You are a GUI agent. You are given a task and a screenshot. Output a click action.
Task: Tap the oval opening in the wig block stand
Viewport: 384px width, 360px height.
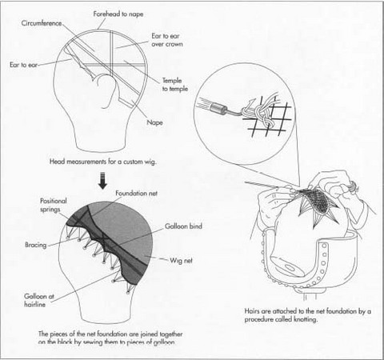pyautogui.click(x=284, y=268)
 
